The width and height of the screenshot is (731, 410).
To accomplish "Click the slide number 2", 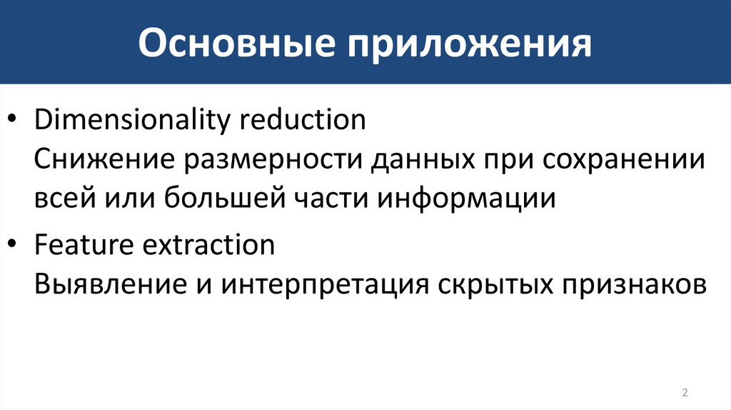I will (685, 392).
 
